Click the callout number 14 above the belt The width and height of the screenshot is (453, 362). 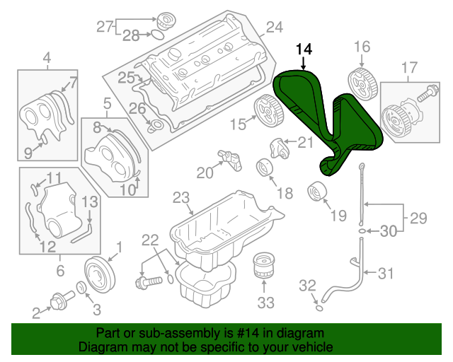[304, 49]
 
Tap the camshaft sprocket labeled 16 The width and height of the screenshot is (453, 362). [362, 83]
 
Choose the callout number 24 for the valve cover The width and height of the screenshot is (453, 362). [274, 28]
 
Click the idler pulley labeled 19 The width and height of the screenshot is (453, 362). [316, 192]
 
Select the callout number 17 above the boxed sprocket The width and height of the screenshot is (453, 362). [409, 68]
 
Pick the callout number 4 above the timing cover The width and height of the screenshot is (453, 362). [47, 57]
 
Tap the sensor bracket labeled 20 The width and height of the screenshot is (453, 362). [229, 156]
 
